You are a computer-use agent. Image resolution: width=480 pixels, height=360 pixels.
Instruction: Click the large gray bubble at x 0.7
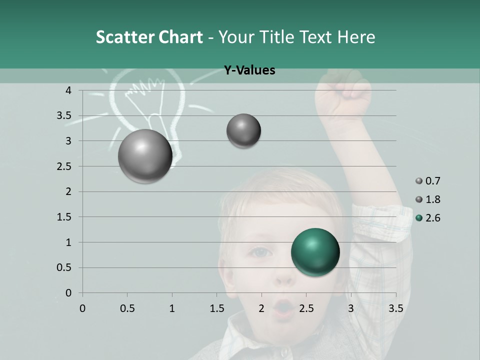(x=145, y=156)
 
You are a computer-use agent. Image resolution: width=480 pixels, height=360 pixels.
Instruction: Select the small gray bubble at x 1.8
(x=243, y=131)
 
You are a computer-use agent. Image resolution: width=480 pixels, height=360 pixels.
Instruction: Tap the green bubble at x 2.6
(x=315, y=252)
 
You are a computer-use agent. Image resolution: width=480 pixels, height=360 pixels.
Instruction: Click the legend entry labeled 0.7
(x=429, y=181)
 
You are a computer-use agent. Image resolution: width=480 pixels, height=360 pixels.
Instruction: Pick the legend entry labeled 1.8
(x=429, y=199)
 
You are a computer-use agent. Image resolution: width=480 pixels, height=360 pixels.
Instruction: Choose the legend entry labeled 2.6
(x=429, y=218)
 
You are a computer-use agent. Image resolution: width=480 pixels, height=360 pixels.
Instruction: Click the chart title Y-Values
(x=249, y=70)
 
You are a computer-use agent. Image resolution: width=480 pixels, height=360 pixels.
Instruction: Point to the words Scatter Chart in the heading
(x=149, y=36)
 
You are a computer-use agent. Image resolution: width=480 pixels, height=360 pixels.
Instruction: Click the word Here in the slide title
(x=356, y=36)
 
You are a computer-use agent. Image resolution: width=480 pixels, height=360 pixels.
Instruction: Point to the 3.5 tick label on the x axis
(x=395, y=308)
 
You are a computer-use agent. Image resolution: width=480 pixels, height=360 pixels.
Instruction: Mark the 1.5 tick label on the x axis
(x=216, y=308)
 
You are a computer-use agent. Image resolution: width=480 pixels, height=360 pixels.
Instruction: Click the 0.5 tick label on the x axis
(x=127, y=308)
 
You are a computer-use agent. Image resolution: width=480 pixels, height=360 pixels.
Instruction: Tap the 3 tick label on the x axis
(x=351, y=308)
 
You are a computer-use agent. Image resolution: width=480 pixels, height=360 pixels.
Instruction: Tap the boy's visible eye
(x=259, y=253)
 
